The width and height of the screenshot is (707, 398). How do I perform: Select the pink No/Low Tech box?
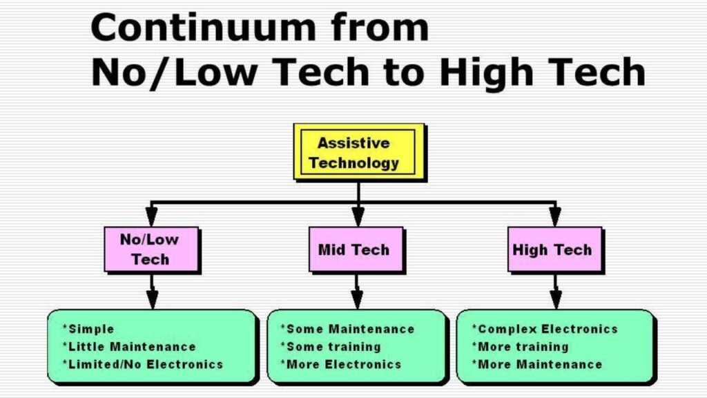tap(150, 249)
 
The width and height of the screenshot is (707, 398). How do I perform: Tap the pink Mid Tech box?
tap(353, 249)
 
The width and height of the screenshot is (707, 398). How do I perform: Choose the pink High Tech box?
tap(552, 249)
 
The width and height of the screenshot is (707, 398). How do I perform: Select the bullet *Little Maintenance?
tap(129, 346)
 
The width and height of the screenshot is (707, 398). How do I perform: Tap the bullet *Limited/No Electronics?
tap(143, 363)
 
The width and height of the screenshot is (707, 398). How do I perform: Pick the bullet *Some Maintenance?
tap(347, 329)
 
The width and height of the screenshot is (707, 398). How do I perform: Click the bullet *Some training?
tap(330, 346)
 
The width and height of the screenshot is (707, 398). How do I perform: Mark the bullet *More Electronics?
tap(340, 363)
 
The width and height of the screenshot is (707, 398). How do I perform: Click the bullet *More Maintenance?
tap(537, 363)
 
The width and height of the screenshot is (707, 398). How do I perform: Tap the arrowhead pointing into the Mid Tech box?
tap(358, 219)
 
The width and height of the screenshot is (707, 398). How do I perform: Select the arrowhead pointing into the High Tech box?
tap(554, 219)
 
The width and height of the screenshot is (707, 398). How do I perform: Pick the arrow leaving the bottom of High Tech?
tap(554, 290)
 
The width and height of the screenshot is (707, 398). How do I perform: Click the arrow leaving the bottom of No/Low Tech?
tap(152, 290)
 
